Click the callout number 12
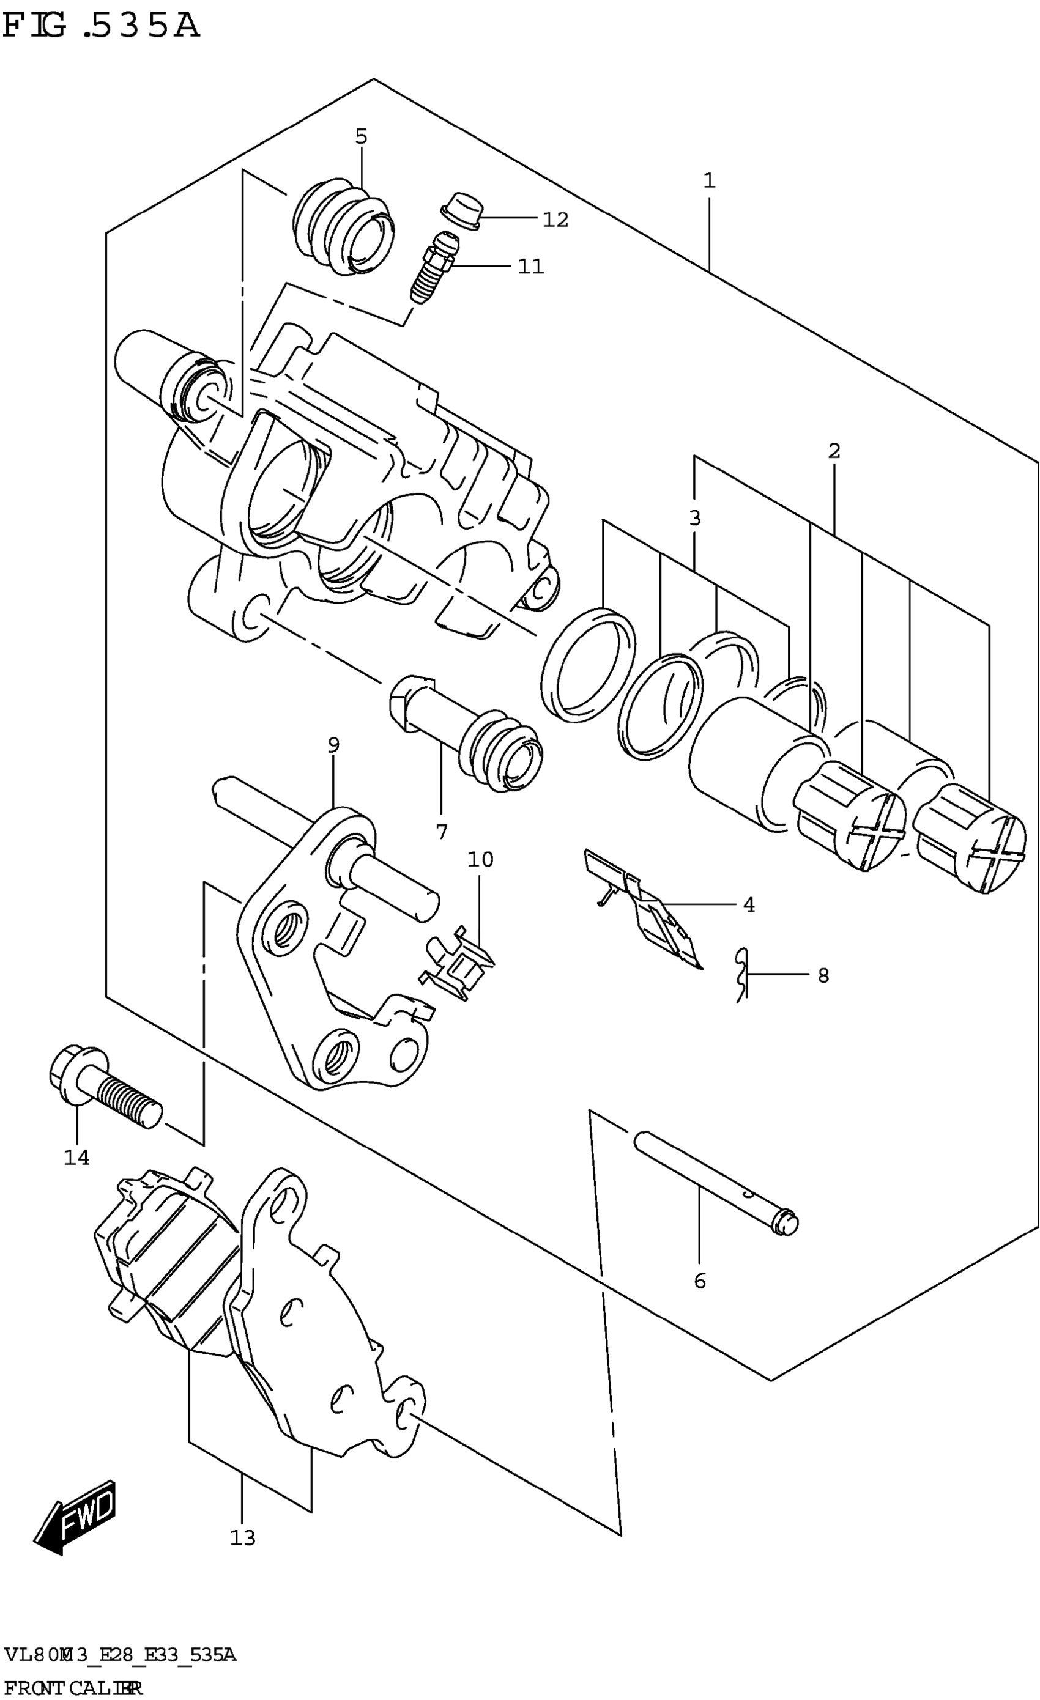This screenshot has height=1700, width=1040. pos(555,220)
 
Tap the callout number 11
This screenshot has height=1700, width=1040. pos(530,267)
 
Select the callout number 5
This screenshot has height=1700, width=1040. pos(362,136)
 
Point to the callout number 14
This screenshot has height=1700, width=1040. pos(76,1157)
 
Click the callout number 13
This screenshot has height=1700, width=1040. pos(243,1538)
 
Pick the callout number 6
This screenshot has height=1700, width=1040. pos(700,1281)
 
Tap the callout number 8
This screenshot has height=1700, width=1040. pos(823,975)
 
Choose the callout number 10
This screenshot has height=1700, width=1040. pos(480,860)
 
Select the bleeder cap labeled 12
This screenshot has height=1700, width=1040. pos(460,210)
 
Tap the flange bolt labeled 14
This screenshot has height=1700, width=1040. pos(103,1088)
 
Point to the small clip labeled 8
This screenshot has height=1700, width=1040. pos(742,974)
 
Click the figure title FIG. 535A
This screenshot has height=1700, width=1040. pos(102,26)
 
